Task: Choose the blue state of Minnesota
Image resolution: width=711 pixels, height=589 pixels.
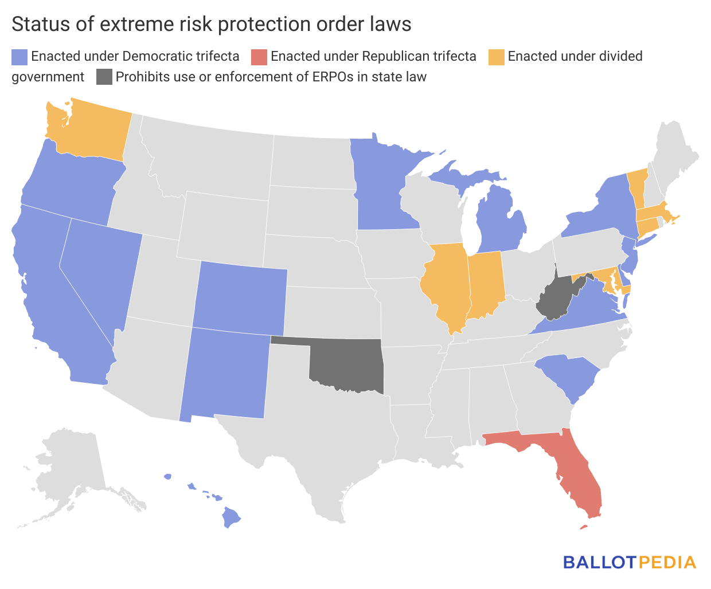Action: point(378,183)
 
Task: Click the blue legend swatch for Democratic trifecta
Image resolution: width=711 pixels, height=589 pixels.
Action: point(19,57)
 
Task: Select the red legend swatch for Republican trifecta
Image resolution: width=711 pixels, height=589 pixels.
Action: point(259,57)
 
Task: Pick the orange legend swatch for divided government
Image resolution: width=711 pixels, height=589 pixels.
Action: point(497,57)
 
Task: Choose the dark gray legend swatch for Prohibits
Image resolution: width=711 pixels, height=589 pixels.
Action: point(104,77)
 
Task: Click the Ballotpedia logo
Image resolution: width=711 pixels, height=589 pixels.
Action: point(630,562)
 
